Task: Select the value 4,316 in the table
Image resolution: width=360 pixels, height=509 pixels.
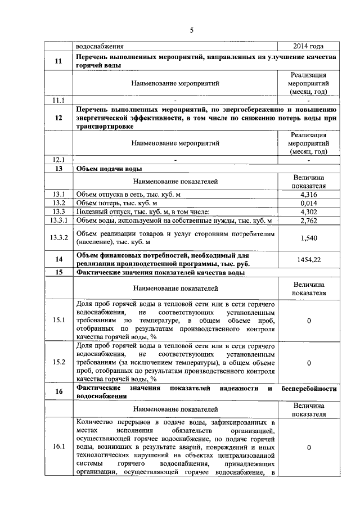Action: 309,194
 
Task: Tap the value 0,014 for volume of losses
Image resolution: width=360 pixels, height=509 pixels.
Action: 309,202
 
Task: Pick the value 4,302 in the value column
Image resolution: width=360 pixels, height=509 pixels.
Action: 309,211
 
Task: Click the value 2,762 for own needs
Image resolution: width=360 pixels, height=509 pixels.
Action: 309,220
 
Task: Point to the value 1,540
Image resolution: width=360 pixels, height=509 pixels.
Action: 309,238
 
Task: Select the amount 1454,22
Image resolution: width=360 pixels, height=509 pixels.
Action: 309,259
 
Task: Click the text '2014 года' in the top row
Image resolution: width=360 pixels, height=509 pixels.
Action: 309,47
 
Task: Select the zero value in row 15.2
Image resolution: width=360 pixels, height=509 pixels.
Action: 309,363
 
